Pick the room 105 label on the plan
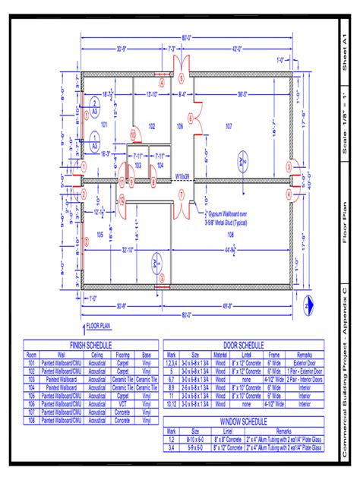(x=99, y=236)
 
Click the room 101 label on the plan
(x=105, y=122)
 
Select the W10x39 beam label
(x=182, y=176)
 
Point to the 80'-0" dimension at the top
(x=186, y=39)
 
